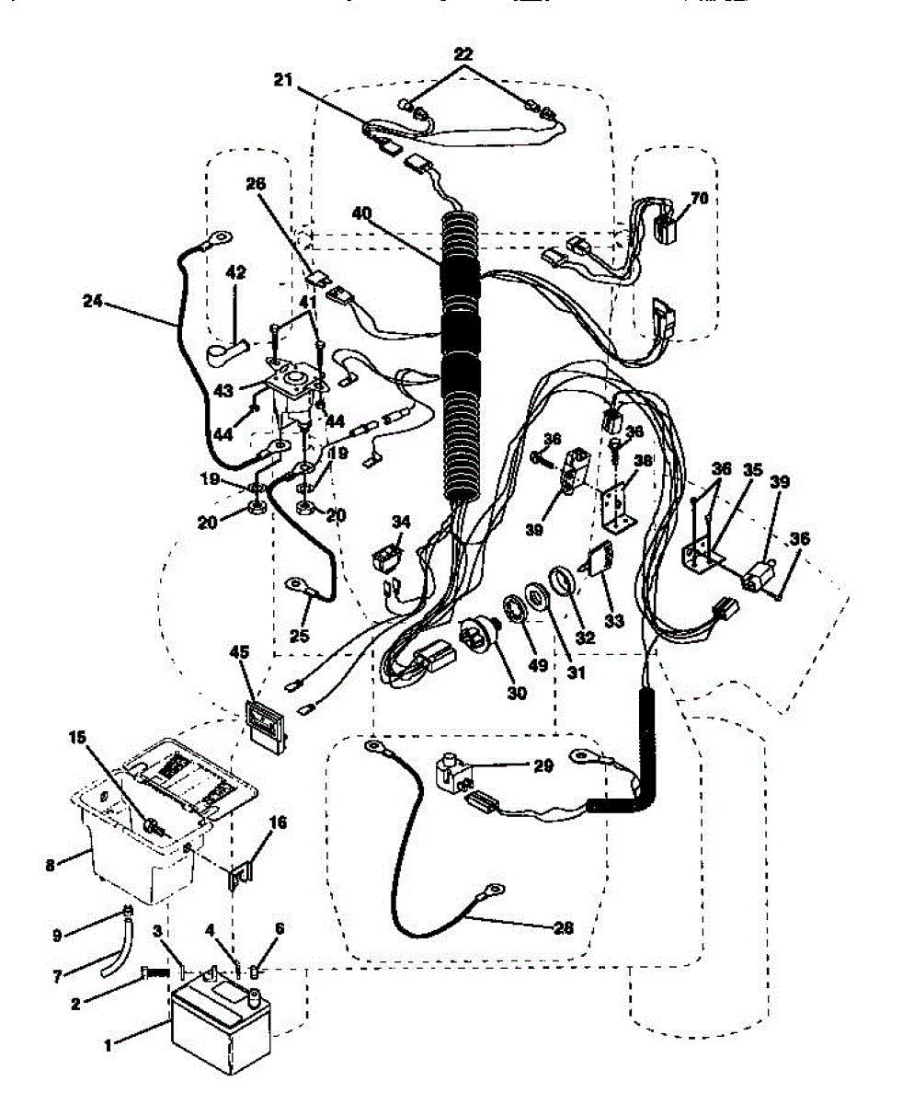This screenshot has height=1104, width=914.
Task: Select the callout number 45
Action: point(240,652)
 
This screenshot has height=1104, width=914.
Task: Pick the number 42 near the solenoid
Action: point(236,272)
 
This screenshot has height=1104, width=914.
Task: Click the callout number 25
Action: point(292,634)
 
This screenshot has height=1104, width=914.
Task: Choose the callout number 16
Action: point(278,822)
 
